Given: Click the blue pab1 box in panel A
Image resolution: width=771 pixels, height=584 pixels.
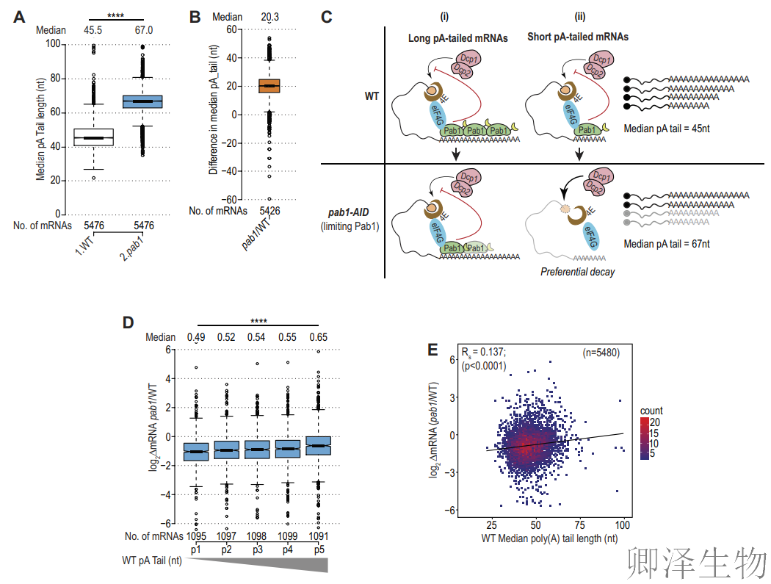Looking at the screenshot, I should [x=142, y=101].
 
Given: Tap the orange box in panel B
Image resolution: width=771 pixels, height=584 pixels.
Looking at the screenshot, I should [x=269, y=86].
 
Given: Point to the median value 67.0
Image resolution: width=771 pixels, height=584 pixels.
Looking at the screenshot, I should [x=142, y=30].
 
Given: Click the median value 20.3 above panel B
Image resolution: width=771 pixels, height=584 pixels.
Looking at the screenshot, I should [x=269, y=16].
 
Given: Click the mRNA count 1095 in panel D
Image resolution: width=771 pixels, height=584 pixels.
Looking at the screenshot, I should [x=196, y=536].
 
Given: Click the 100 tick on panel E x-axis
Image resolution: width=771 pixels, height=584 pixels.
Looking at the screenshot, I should [x=623, y=526].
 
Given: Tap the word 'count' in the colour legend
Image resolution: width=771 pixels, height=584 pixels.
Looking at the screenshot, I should [x=650, y=411].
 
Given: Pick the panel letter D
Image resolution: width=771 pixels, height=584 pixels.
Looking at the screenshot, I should [x=128, y=322].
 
